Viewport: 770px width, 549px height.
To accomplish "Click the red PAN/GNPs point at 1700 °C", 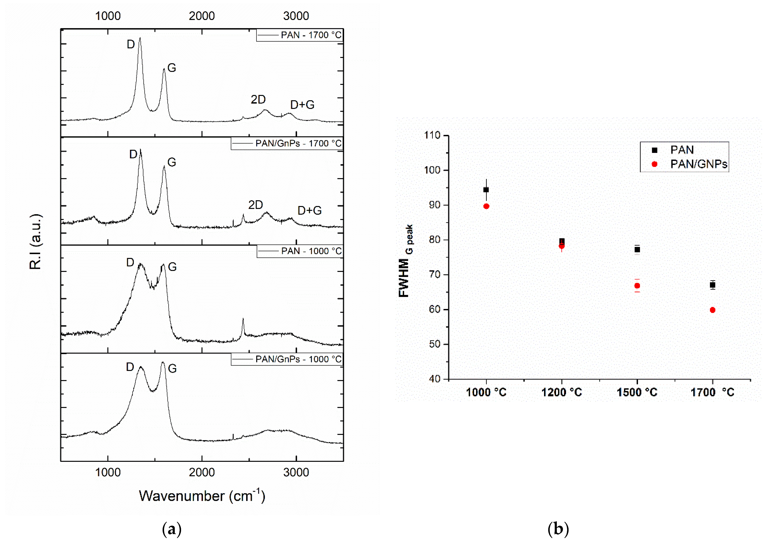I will [x=712, y=310].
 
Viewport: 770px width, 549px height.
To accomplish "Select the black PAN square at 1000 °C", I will [x=486, y=190].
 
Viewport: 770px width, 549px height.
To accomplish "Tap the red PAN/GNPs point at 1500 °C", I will [x=637, y=286].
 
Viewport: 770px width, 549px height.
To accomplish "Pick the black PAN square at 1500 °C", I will [x=637, y=250].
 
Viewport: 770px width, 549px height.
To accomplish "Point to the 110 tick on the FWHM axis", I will [x=432, y=135].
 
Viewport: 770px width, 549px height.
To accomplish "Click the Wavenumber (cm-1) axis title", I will [x=202, y=496].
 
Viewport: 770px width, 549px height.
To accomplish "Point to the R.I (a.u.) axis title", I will [x=35, y=242].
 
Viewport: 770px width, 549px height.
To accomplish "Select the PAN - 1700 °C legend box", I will [x=300, y=35].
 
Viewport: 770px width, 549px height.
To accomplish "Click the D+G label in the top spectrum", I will [x=302, y=105].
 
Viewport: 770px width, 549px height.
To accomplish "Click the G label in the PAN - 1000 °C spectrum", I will [x=172, y=267].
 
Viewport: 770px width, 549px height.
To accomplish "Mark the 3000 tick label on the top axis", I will [x=296, y=16].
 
